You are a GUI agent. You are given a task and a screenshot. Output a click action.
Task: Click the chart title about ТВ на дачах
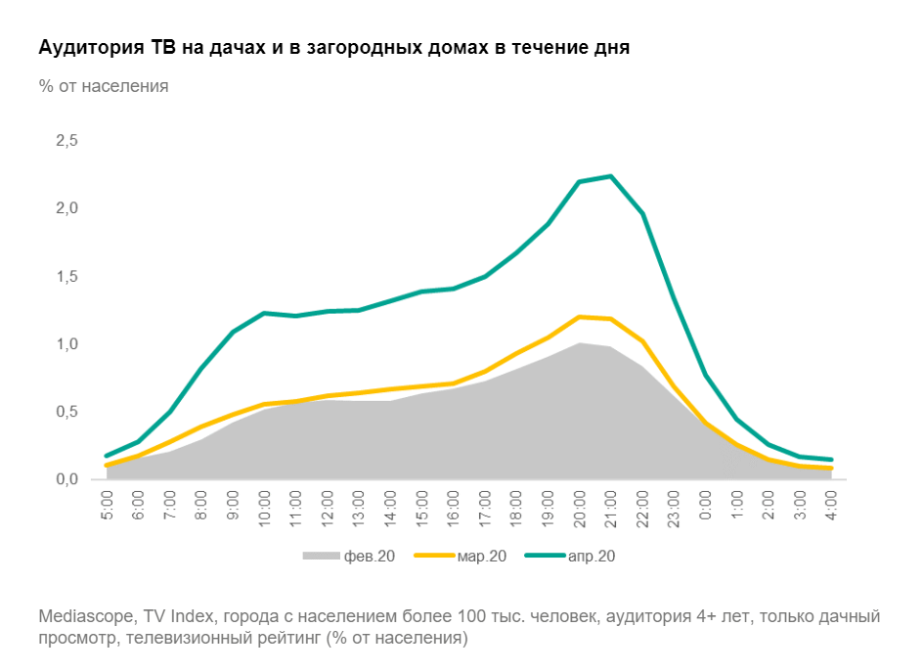tap(333, 48)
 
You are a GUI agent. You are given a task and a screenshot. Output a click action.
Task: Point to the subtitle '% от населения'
tap(104, 86)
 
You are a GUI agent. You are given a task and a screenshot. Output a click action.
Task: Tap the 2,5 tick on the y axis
tap(66, 141)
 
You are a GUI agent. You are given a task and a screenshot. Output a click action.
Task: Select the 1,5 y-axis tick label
tap(66, 277)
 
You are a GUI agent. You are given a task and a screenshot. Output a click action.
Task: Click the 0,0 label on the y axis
tap(66, 479)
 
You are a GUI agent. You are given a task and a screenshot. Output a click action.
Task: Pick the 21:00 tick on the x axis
tap(611, 506)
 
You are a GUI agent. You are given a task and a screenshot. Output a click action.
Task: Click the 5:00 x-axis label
tap(108, 506)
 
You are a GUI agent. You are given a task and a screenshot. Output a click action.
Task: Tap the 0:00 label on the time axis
tap(705, 506)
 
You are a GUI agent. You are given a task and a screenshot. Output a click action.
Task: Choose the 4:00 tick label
tap(831, 506)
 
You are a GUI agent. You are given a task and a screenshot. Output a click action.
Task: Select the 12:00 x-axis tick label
tap(328, 506)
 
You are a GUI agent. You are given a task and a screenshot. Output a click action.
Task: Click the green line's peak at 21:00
tap(611, 176)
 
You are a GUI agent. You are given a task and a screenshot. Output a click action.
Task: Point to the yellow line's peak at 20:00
tap(580, 317)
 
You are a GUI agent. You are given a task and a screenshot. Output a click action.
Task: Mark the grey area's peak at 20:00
tap(580, 343)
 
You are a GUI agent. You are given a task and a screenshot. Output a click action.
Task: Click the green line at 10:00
tap(265, 313)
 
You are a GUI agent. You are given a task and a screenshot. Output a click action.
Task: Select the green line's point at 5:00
tap(108, 456)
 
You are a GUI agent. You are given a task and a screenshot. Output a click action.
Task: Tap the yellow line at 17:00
tap(485, 372)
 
